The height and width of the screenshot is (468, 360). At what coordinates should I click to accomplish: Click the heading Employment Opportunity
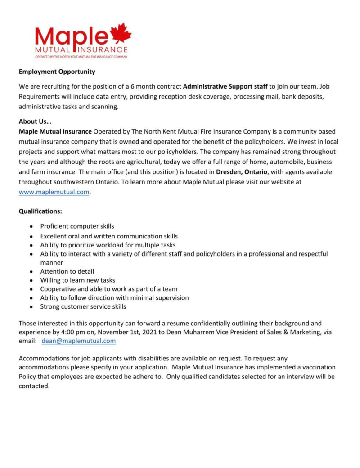point(57,71)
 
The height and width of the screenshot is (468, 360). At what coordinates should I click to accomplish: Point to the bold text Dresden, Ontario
point(242,171)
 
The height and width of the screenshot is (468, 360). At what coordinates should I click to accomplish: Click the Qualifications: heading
point(40,211)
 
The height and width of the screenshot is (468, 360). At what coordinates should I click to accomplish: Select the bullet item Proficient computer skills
point(77,226)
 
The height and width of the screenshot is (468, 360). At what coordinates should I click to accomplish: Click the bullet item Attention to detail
point(67,271)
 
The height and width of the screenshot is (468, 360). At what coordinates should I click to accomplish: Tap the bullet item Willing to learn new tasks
point(78,280)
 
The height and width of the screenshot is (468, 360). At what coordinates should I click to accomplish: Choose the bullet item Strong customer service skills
point(83,306)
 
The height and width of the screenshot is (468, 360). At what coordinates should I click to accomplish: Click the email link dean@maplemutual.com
point(78,341)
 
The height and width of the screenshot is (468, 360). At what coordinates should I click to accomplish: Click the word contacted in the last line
point(34,386)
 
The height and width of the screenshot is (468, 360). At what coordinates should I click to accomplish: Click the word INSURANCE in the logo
point(103,49)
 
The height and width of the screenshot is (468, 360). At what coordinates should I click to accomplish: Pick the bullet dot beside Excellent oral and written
point(31,236)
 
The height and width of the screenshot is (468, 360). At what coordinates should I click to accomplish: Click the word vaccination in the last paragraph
point(317,368)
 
